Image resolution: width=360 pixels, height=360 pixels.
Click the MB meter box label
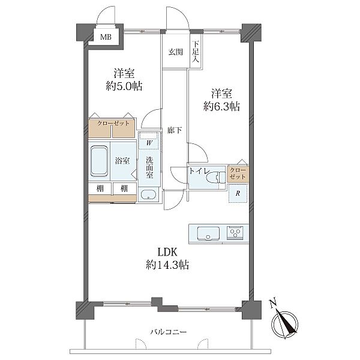pos(106,37)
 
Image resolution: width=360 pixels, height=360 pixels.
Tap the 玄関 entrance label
pos(176,52)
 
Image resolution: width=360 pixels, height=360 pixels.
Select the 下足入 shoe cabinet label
pos(196,52)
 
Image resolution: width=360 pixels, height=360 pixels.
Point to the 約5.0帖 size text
pos(124,86)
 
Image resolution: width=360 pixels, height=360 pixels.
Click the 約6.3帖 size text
pos(221,107)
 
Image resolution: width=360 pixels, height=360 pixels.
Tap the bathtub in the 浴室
pos(99,161)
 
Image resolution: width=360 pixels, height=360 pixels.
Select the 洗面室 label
pos(149,167)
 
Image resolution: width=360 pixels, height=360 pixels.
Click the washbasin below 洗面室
pos(149,195)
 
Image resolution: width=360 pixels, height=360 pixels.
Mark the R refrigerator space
pos(238,193)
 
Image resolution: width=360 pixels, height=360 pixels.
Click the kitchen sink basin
pos(208,233)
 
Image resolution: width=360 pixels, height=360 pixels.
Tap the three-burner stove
pos(235,233)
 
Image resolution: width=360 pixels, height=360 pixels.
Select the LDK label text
pos(167,253)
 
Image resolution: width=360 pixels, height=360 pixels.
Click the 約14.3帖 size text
pos(167,265)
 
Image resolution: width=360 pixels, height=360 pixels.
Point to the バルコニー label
pos(169,332)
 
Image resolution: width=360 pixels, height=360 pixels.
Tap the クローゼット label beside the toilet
pos(238,173)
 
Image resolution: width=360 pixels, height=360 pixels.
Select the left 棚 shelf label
pos(100,188)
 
